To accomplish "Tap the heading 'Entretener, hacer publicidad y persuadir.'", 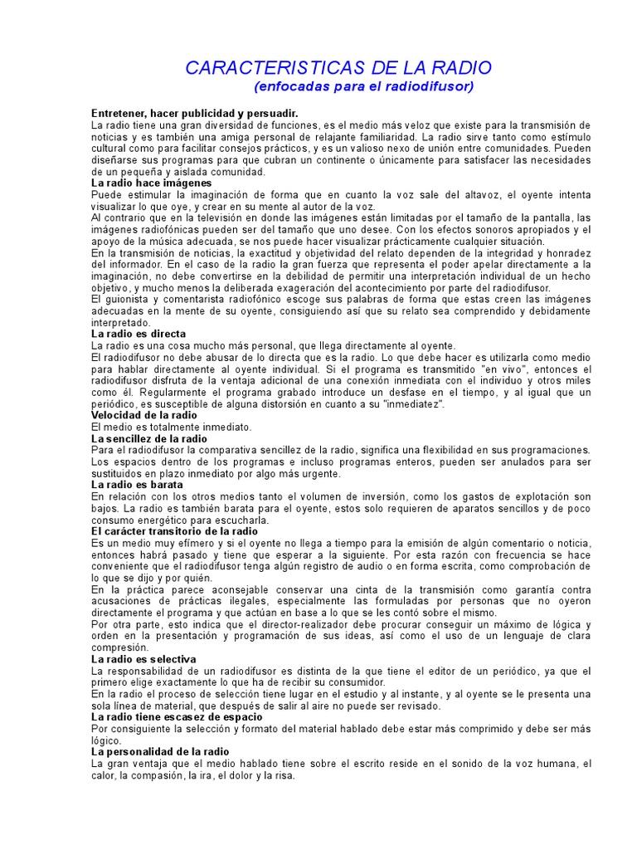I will pos(193,112).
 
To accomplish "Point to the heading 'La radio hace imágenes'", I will pos(152,182).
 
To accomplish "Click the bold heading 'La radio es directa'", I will pos(139,334).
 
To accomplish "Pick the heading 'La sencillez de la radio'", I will pos(149,438).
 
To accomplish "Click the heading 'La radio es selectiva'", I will pos(143,659).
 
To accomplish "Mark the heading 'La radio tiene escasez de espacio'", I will pos(177,716).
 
